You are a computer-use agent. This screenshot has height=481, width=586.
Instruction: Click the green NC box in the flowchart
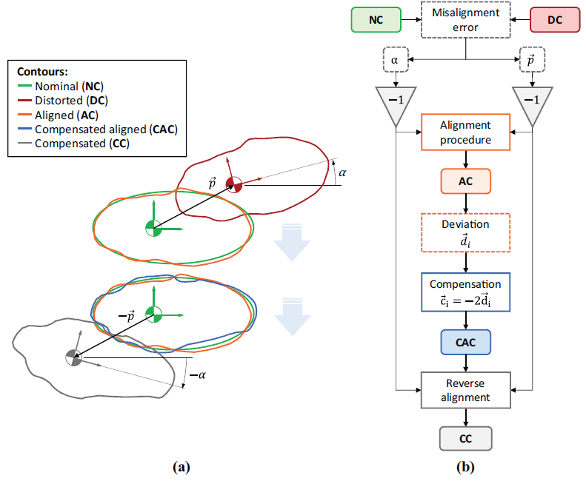[x=376, y=20]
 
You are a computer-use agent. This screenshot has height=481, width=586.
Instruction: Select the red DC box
[x=555, y=20]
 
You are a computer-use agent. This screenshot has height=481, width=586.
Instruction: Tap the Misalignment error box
[x=466, y=20]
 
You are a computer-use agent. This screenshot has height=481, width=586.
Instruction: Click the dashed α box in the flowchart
[x=396, y=60]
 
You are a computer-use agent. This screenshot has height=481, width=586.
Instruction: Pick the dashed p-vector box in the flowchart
[x=532, y=60]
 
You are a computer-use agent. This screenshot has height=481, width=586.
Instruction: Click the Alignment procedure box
[x=466, y=132]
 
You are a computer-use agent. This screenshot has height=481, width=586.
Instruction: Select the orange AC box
[x=466, y=181]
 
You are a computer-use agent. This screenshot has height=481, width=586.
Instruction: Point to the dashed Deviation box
[x=466, y=232]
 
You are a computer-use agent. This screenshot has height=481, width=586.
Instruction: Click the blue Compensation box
[x=466, y=292]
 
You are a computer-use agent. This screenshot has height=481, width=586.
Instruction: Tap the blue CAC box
[x=466, y=342]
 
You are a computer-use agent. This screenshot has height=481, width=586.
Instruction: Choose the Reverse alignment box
[x=466, y=390]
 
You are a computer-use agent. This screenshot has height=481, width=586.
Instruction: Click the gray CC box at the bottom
[x=466, y=438]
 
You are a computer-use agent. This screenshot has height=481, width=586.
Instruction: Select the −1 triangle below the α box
[x=396, y=103]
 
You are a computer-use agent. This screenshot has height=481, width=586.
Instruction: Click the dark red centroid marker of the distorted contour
[x=234, y=184]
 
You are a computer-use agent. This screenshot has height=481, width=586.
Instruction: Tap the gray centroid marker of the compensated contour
[x=73, y=357]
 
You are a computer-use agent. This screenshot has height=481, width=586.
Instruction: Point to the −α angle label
[x=198, y=374]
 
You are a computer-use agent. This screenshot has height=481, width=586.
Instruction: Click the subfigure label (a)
[x=182, y=467]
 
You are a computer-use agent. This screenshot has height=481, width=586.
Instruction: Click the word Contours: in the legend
[x=43, y=71]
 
